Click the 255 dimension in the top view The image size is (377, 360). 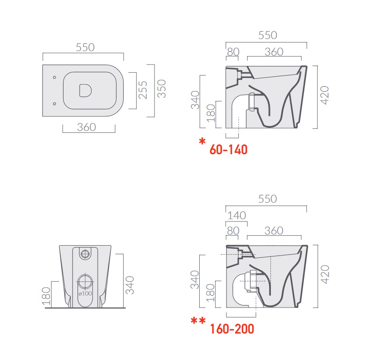(x=143, y=90)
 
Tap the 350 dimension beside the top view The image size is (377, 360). (x=162, y=89)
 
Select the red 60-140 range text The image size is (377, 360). (x=228, y=150)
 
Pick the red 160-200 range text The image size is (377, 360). (x=232, y=329)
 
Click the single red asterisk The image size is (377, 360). (x=202, y=141)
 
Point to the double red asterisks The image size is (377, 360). (x=198, y=321)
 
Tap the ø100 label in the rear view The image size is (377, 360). (x=85, y=294)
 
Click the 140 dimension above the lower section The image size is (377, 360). (x=237, y=216)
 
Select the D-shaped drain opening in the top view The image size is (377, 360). (x=86, y=91)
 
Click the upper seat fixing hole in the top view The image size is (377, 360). (x=55, y=77)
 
